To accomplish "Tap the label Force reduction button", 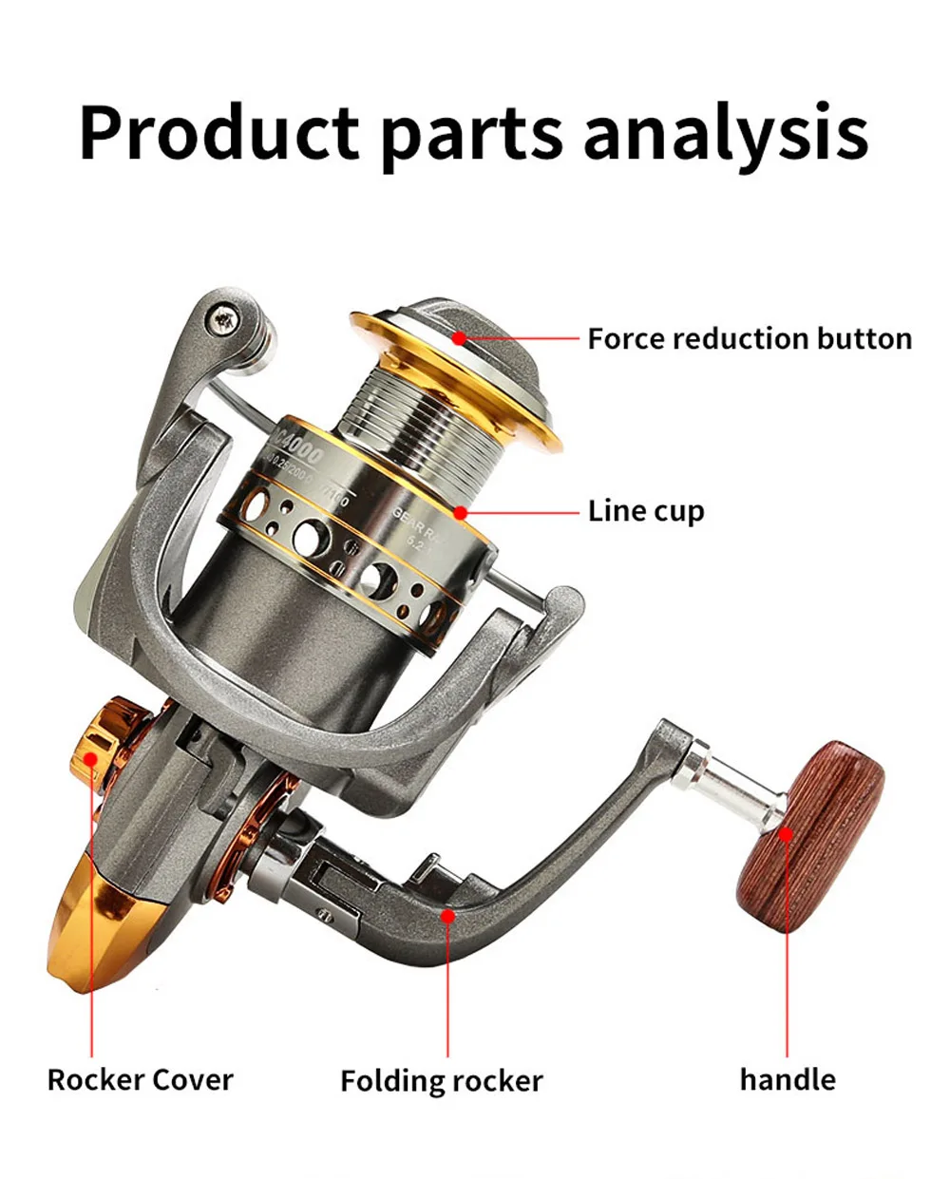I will coord(749,339).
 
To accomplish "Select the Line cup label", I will coord(646,511).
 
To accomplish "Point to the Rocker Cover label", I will coord(140,1079).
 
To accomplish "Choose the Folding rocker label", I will coord(441,1080).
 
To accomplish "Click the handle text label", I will coord(788,1079).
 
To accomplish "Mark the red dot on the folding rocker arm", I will coord(447,915).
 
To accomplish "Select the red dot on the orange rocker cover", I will coord(90,758).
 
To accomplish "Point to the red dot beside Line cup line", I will coord(461,513).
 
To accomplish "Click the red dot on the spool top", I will coord(459,337).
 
